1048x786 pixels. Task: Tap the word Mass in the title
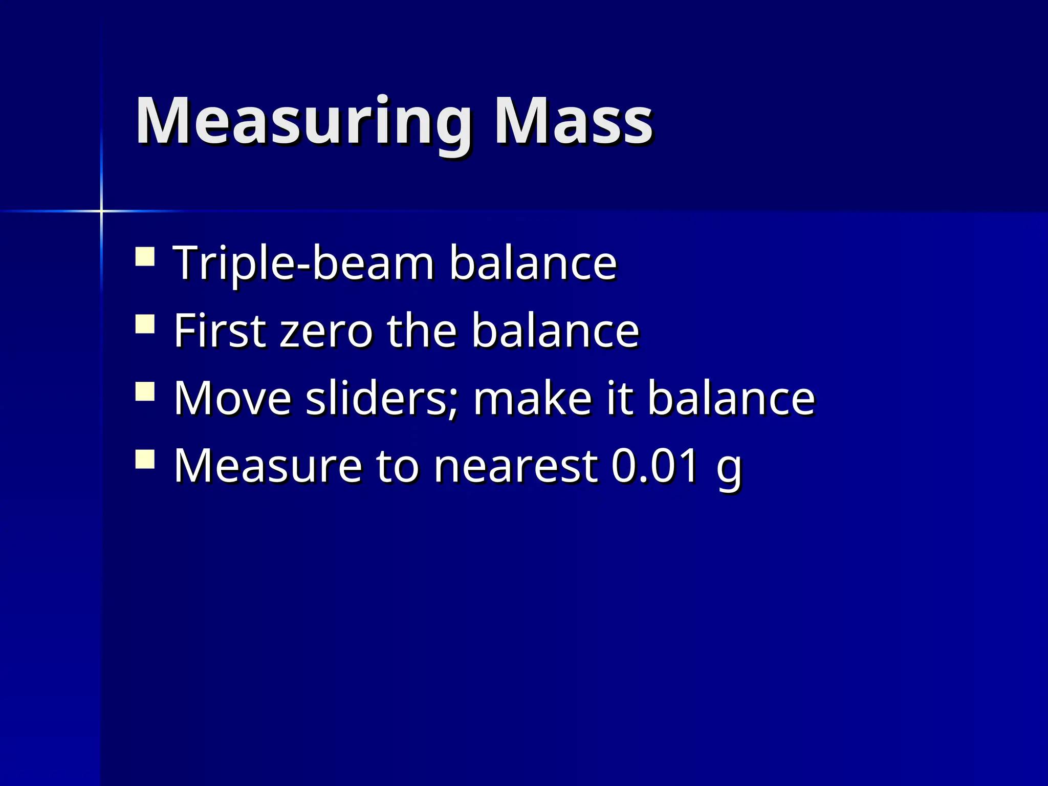[573, 121]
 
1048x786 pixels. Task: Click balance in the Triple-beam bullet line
[533, 263]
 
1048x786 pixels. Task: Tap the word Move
[233, 398]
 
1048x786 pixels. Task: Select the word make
[532, 398]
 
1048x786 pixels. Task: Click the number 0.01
[655, 466]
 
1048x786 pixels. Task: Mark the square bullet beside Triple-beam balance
[145, 256]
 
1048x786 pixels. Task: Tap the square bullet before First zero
[145, 324]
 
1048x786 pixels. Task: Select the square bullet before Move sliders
[145, 391]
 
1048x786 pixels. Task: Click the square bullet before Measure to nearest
[145, 459]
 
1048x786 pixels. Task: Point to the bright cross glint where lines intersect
[101, 211]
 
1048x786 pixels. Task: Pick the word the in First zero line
[421, 331]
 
